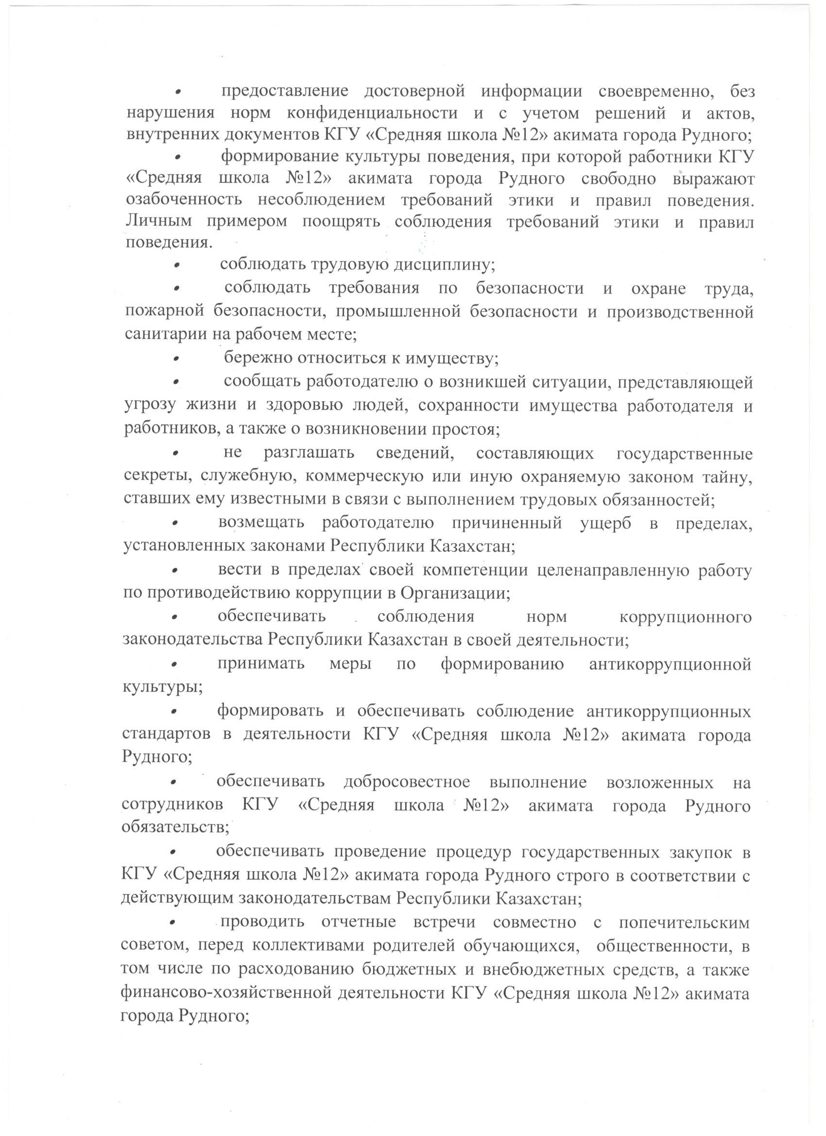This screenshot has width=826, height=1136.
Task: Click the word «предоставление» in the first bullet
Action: [x=285, y=91]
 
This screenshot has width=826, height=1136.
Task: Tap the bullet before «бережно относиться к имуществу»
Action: [x=177, y=358]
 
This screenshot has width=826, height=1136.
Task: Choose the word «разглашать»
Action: [x=309, y=453]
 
